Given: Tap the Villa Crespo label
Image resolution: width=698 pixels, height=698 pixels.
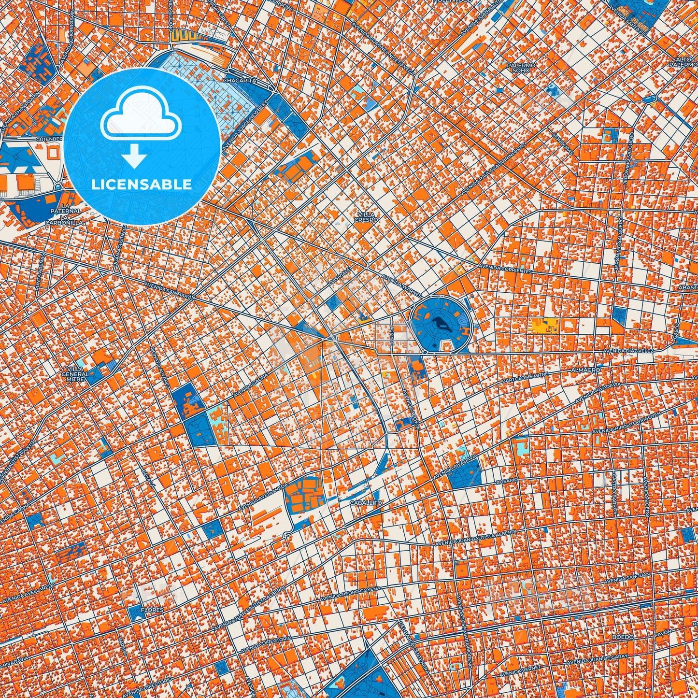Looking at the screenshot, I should (x=366, y=216).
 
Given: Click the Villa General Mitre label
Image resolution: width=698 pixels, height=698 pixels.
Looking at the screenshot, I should (x=75, y=374).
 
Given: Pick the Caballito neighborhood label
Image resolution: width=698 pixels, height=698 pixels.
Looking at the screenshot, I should (x=366, y=503).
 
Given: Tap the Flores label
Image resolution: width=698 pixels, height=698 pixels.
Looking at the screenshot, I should (x=149, y=610).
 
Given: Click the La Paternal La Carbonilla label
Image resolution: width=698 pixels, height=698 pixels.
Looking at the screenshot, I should (x=65, y=217).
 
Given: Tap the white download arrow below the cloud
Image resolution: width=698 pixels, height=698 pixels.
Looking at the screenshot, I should (x=135, y=157).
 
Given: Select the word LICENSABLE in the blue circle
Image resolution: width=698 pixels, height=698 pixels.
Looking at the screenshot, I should (x=142, y=184).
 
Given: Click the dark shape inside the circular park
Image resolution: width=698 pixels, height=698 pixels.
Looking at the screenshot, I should (x=440, y=325).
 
